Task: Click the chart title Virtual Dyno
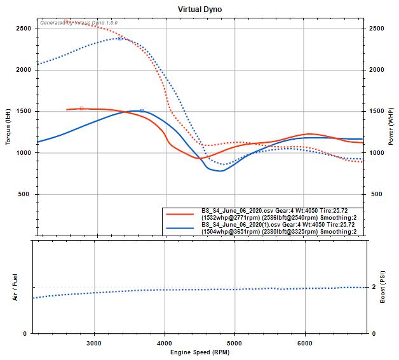(x=199, y=10)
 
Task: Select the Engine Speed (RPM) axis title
(x=199, y=352)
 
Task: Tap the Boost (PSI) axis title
(x=383, y=286)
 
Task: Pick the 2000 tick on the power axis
(x=376, y=70)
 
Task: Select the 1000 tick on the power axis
(x=376, y=153)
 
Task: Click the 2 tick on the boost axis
(x=374, y=287)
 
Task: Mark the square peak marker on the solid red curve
(x=81, y=109)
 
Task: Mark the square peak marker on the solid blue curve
(x=142, y=110)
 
